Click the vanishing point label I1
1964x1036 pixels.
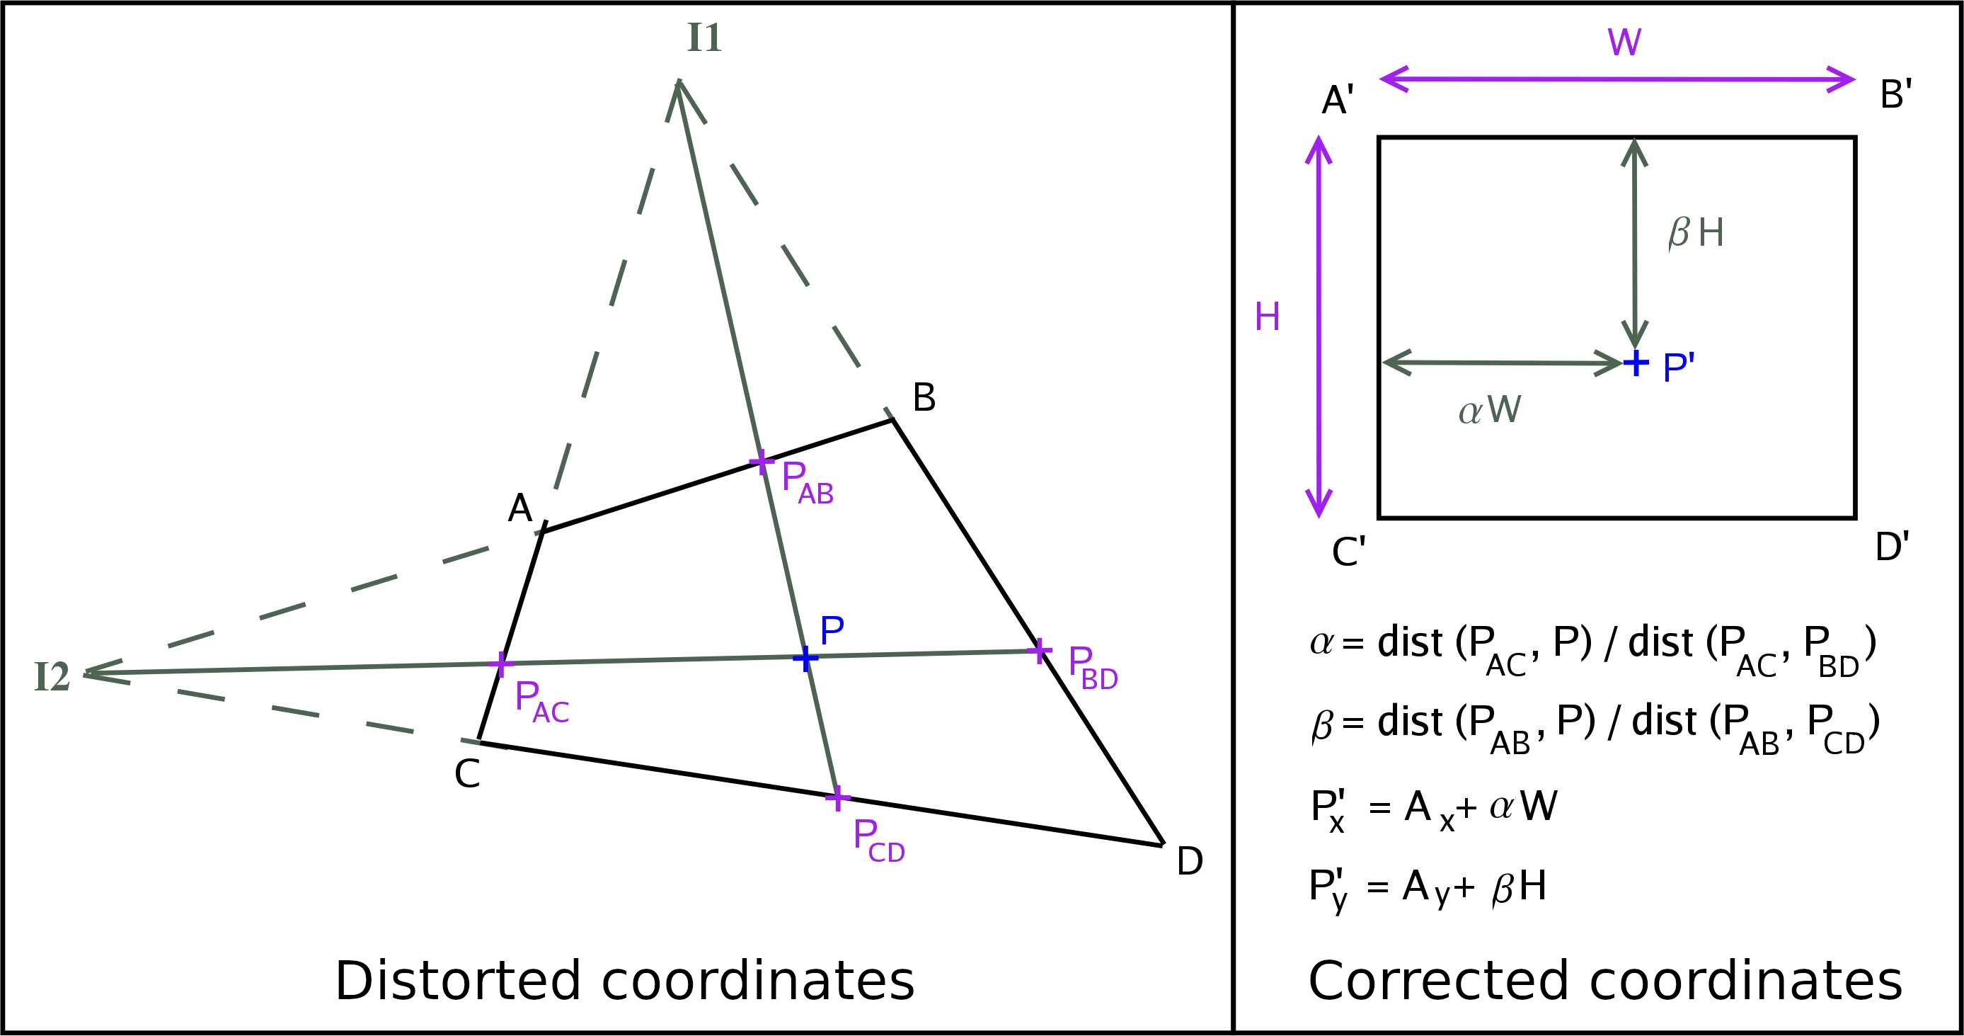click(x=704, y=38)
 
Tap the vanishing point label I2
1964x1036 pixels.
click(x=52, y=677)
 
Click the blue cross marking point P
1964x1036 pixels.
click(x=805, y=658)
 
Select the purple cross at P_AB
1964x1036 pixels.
click(x=761, y=462)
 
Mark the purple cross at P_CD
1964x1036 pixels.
click(x=837, y=798)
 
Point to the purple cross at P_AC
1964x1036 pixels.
click(x=500, y=664)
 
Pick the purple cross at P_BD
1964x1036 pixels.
click(x=1040, y=651)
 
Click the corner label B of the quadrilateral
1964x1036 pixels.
click(x=924, y=397)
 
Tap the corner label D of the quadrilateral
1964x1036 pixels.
click(x=1190, y=861)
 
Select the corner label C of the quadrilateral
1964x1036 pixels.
click(x=466, y=774)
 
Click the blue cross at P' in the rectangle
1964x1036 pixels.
click(x=1636, y=363)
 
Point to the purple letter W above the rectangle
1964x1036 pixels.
click(x=1624, y=42)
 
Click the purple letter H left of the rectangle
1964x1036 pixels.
click(x=1267, y=317)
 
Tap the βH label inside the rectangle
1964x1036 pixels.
click(x=1696, y=233)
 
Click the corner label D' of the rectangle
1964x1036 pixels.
click(x=1893, y=547)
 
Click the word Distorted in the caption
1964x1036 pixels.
click(x=457, y=980)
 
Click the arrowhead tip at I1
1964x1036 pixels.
click(x=678, y=80)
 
